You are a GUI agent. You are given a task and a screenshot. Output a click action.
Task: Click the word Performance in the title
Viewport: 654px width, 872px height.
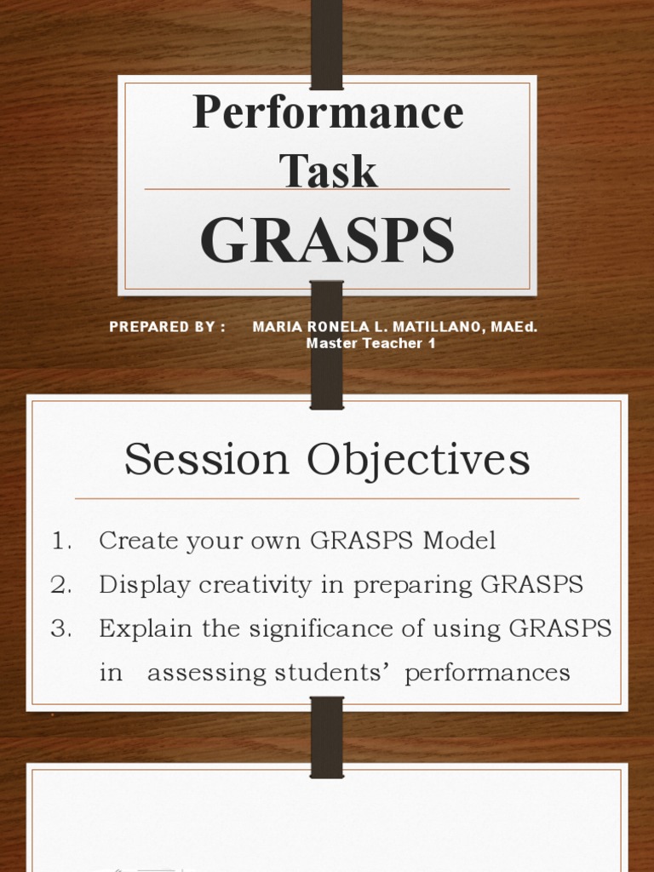(x=328, y=113)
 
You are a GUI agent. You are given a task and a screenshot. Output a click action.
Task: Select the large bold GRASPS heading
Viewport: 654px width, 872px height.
(x=328, y=240)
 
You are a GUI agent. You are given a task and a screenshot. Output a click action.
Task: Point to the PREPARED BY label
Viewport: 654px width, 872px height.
(x=167, y=327)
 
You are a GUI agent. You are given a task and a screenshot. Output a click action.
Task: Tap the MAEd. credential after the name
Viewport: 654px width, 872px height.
(x=513, y=327)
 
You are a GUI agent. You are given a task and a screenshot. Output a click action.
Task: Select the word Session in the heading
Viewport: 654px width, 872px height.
(x=206, y=461)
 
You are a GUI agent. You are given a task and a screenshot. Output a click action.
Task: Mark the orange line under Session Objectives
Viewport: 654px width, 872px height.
(x=327, y=498)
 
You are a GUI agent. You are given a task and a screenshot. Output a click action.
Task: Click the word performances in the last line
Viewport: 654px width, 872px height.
(x=487, y=674)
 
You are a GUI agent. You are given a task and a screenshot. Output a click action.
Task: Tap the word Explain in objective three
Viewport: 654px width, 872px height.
(x=141, y=630)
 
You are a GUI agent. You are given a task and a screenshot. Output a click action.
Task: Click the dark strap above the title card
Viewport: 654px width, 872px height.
(x=327, y=43)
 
